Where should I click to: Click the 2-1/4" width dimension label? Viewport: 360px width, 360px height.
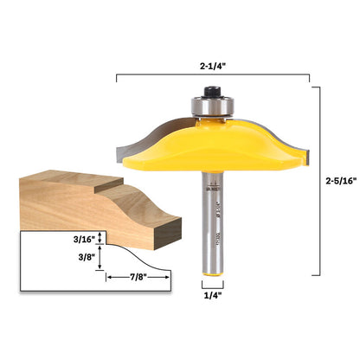212,62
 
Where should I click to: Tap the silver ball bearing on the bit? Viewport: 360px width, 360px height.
212,105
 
